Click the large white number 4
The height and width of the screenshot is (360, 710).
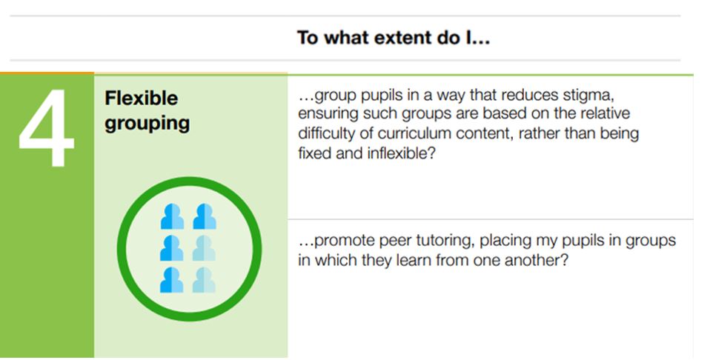pos(46,127)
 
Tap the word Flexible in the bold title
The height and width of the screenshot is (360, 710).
pos(142,99)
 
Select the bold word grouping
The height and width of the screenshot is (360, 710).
pos(147,123)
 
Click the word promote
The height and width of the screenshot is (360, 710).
pos(344,241)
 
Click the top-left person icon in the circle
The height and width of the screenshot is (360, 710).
pos(172,217)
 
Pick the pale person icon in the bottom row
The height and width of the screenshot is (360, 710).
pos(204,280)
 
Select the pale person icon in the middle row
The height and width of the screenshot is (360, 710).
pos(204,249)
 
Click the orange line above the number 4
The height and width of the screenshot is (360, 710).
pos(47,73)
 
